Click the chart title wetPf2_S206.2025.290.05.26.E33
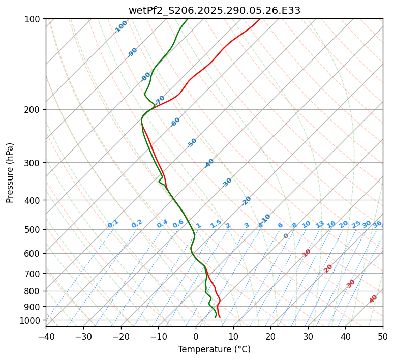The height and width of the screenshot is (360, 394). click(214, 10)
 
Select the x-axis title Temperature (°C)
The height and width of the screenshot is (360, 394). click(214, 350)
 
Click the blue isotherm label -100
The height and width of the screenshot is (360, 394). click(121, 27)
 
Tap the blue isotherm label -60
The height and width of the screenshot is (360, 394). click(175, 122)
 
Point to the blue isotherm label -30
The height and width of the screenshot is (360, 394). click(227, 183)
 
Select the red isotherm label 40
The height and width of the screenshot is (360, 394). click(373, 299)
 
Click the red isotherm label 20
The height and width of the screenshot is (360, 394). click(328, 268)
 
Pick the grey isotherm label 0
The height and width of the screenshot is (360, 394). click(286, 236)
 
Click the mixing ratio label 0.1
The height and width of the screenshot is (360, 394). click(113, 224)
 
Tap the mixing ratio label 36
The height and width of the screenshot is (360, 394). click(377, 224)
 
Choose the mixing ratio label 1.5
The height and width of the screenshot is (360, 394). click(216, 224)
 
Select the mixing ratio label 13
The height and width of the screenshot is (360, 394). click(320, 224)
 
